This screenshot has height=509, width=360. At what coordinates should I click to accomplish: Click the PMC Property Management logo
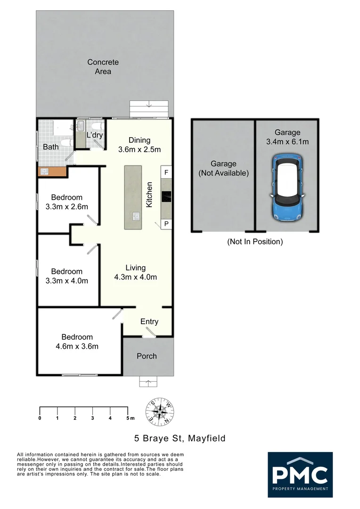pyautogui.click(x=300, y=475)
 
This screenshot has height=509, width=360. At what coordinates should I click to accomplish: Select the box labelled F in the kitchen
pyautogui.click(x=166, y=172)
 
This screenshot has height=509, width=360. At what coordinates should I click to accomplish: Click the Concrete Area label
pyautogui.click(x=103, y=67)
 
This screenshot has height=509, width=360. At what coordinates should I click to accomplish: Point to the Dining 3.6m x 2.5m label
pyautogui.click(x=139, y=145)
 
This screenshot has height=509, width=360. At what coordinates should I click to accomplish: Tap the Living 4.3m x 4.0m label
pyautogui.click(x=136, y=272)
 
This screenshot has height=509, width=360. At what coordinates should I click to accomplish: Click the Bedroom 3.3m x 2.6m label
pyautogui.click(x=67, y=202)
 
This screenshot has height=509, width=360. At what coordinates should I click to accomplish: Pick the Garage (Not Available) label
pyautogui.click(x=223, y=168)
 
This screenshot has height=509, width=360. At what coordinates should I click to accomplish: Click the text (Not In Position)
pyautogui.click(x=255, y=242)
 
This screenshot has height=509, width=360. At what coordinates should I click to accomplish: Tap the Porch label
pyautogui.click(x=147, y=356)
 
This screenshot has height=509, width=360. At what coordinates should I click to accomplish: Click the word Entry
pyautogui.click(x=149, y=321)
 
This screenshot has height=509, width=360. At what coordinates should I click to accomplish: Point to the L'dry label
pyautogui.click(x=94, y=135)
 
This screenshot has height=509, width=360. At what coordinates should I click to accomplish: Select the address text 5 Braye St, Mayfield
pyautogui.click(x=180, y=438)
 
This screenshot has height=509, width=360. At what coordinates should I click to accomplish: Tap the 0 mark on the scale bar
pyautogui.click(x=40, y=418)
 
